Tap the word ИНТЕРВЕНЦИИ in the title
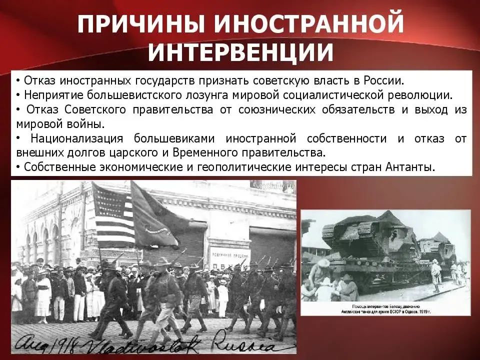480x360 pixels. click(x=240, y=51)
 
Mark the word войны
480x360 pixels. click(x=89, y=124)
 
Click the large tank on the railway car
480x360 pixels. click(x=370, y=235)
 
